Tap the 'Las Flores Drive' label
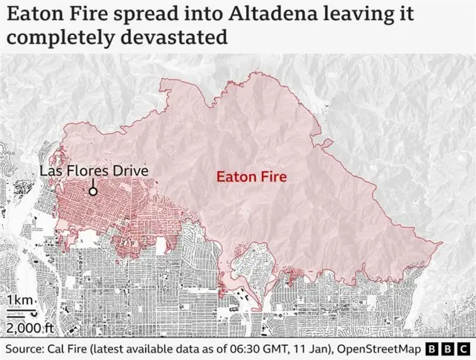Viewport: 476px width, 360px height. pos(94,172)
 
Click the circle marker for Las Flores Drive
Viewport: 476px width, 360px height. pos(93,191)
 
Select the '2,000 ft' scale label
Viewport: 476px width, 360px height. pos(29,327)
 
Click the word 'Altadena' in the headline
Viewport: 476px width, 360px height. pos(282,14)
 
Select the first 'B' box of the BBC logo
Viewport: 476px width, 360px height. pos(433,349)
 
